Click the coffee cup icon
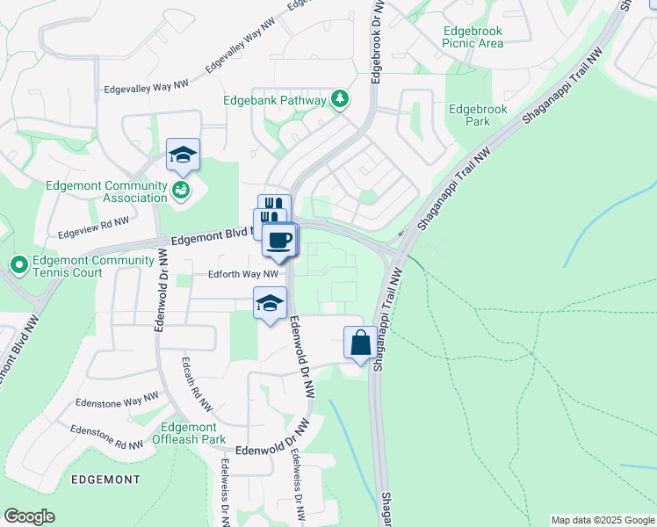[x=279, y=241]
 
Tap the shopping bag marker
[x=361, y=342]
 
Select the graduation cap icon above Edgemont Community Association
[x=184, y=155]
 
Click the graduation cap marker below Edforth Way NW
[x=270, y=304]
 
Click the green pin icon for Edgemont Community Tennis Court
[x=18, y=263]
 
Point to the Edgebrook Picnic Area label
[x=473, y=36]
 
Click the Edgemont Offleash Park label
[x=189, y=432]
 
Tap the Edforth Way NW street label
[x=243, y=274]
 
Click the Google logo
[x=29, y=516]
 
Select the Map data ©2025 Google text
[x=602, y=520]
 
